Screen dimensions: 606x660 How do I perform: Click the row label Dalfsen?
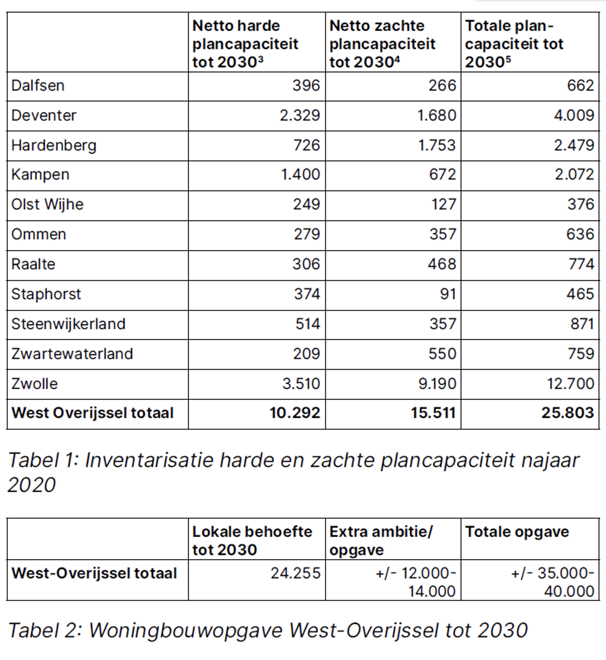pyautogui.click(x=38, y=86)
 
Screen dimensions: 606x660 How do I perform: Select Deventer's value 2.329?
pyautogui.click(x=300, y=115)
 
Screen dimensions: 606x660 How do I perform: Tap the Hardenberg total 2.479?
pyautogui.click(x=574, y=145)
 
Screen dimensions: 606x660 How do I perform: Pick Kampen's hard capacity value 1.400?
pyautogui.click(x=301, y=174)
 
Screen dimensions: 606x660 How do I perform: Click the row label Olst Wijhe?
pyautogui.click(x=47, y=204)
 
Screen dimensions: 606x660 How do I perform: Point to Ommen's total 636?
pyautogui.click(x=580, y=234)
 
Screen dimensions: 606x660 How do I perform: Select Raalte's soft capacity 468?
pyautogui.click(x=442, y=264)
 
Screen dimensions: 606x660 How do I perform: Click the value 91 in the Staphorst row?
pyautogui.click(x=448, y=294)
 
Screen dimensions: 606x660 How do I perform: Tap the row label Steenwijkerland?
pyautogui.click(x=68, y=324)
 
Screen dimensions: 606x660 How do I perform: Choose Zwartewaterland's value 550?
pyautogui.click(x=442, y=354)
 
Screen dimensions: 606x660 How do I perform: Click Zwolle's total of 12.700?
pyautogui.click(x=570, y=384)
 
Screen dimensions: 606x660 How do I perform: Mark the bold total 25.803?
pyautogui.click(x=567, y=413)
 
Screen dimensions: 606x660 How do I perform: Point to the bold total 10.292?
pyautogui.click(x=295, y=413)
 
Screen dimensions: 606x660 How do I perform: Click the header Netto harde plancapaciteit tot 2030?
pyautogui.click(x=245, y=44)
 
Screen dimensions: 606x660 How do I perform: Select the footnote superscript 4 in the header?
pyautogui.click(x=397, y=59)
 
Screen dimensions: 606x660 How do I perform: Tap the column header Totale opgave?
pyautogui.click(x=517, y=532)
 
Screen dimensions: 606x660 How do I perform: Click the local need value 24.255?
pyautogui.click(x=296, y=573)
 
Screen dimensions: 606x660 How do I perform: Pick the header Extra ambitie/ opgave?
pyautogui.click(x=381, y=541)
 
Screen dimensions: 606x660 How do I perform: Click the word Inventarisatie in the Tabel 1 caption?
pyautogui.click(x=149, y=461)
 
